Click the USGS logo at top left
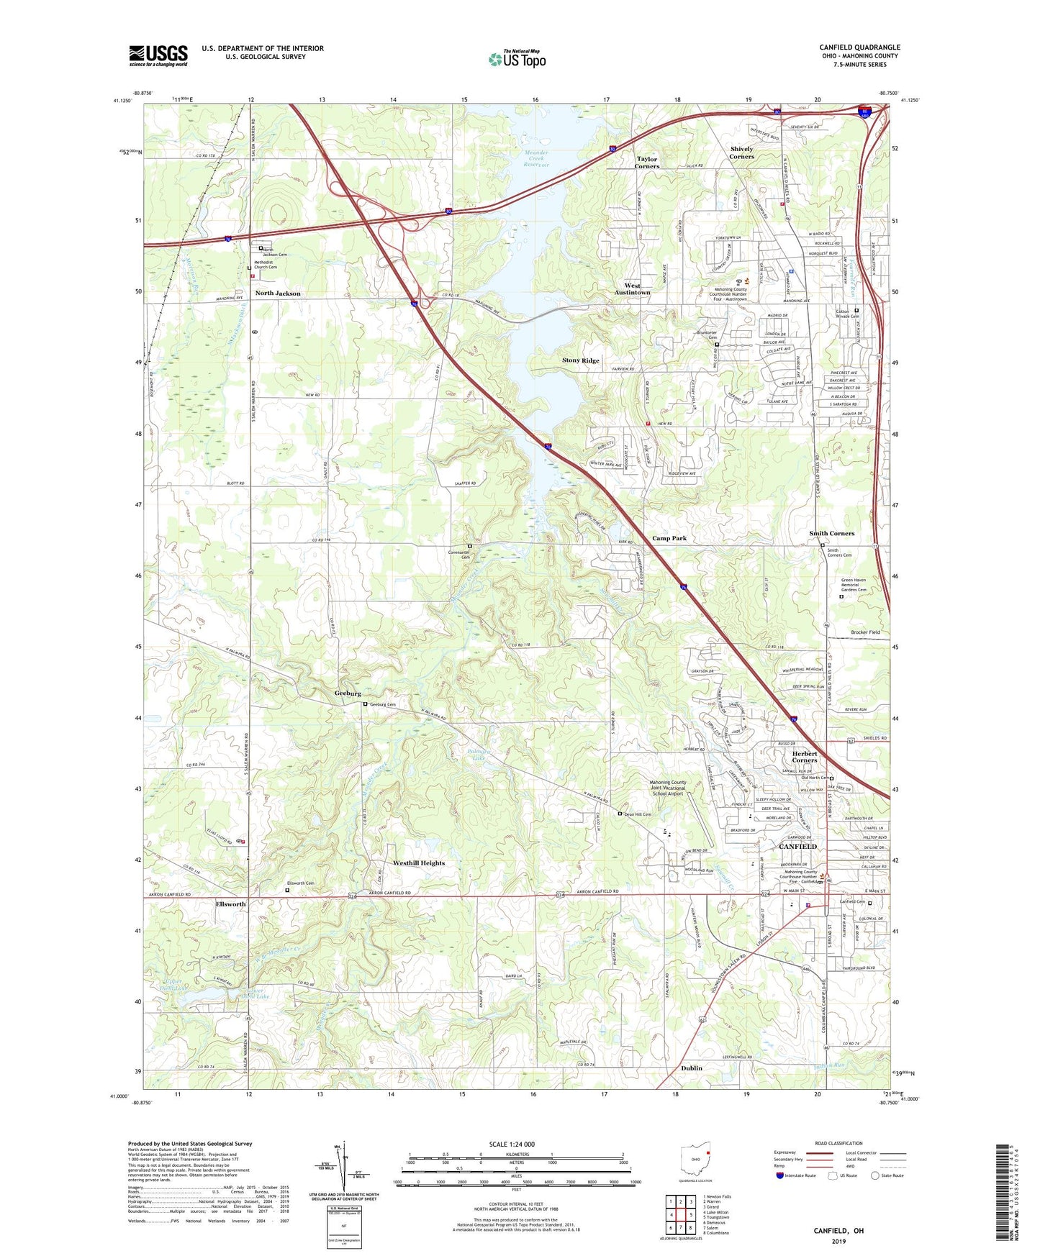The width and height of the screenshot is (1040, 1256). click(x=158, y=55)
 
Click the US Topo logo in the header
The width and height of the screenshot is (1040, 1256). click(x=517, y=59)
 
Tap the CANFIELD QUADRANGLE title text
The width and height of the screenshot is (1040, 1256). click(x=859, y=47)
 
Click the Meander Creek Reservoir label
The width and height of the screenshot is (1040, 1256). click(x=536, y=158)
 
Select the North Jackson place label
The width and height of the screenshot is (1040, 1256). click(x=278, y=293)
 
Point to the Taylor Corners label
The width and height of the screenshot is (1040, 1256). click(x=647, y=163)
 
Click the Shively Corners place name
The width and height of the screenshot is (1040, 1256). click(x=741, y=153)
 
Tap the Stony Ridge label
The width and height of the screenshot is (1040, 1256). click(x=580, y=360)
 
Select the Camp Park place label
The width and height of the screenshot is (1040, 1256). click(x=669, y=538)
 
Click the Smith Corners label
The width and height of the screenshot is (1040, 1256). click(x=831, y=533)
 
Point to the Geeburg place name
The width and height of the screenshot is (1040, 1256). click(x=348, y=693)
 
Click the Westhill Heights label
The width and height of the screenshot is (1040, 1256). click(x=419, y=863)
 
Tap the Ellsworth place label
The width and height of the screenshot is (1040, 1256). click(x=230, y=904)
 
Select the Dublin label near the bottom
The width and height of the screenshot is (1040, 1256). click(x=691, y=1068)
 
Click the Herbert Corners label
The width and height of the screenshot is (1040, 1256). click(x=805, y=757)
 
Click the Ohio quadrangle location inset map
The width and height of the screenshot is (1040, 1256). click(x=695, y=1161)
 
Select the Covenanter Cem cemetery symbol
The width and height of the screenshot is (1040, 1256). click(x=470, y=546)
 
